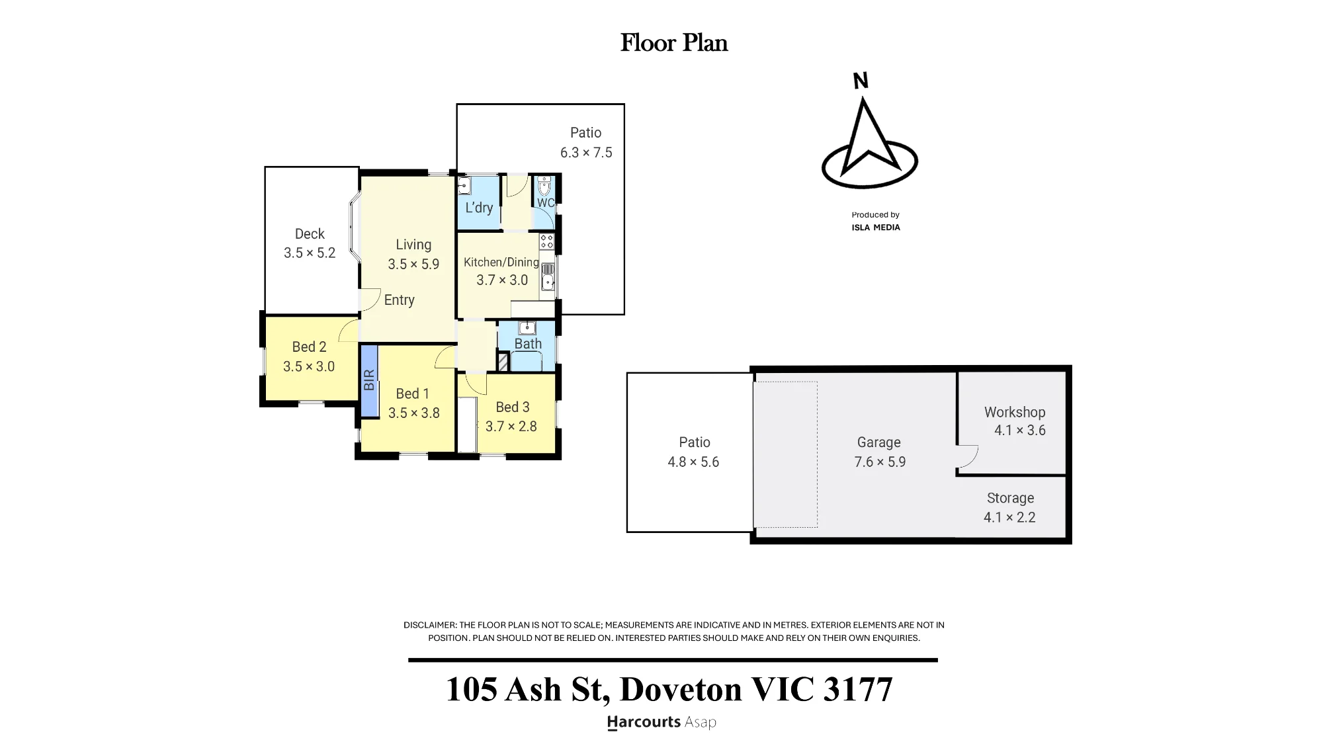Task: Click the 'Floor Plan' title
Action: (674, 43)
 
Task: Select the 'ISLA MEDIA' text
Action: (876, 227)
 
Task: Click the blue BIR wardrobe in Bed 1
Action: (369, 380)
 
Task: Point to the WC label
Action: (546, 203)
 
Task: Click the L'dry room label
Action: (479, 208)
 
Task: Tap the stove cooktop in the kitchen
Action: (546, 241)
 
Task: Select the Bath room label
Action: (528, 344)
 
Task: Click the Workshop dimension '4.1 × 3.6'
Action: (1020, 431)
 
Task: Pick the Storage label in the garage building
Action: (1010, 498)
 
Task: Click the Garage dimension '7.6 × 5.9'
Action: (880, 462)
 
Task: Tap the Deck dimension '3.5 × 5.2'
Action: (310, 253)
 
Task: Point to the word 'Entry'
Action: (400, 300)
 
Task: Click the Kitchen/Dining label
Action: (501, 262)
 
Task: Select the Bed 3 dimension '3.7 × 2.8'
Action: (511, 427)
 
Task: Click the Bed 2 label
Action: (310, 347)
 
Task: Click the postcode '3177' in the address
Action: (858, 689)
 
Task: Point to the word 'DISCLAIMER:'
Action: (430, 625)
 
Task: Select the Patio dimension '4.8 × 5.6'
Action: (693, 462)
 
